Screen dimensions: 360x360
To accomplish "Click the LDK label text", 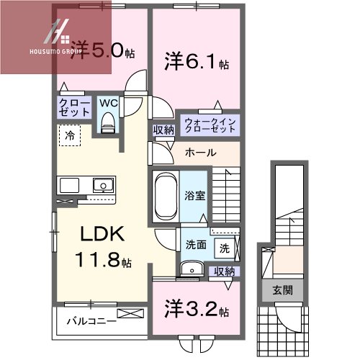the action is (102, 233).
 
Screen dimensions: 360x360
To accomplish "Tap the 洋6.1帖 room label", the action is (197, 63).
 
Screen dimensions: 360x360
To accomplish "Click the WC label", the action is (109, 103).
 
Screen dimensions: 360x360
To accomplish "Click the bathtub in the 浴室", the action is (166, 197).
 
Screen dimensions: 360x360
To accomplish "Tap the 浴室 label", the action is (194, 196).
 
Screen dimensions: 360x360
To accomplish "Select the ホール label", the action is (201, 153).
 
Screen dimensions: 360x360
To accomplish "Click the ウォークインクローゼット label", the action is (210, 125).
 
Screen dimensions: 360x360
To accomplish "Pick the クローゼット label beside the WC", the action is (74, 108).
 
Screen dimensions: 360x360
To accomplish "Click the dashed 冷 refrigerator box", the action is (70, 135).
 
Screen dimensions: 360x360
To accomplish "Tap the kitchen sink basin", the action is (104, 185).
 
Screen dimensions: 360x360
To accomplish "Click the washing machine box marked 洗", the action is (225, 248).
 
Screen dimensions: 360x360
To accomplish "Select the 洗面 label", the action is (196, 245).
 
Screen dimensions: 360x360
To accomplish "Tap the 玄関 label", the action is (282, 290).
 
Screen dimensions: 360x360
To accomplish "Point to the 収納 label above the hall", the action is (163, 130).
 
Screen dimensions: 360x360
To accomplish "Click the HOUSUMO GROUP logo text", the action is (55, 51).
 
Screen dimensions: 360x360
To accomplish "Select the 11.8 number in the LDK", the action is (97, 260).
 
